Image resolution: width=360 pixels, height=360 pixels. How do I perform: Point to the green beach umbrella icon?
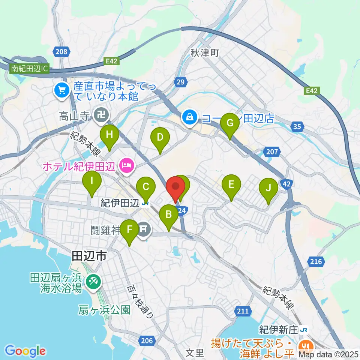[x=92, y=282]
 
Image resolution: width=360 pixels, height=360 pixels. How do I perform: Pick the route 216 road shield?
[x=316, y=261]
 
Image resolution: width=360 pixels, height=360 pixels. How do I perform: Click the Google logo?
[x=25, y=351]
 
